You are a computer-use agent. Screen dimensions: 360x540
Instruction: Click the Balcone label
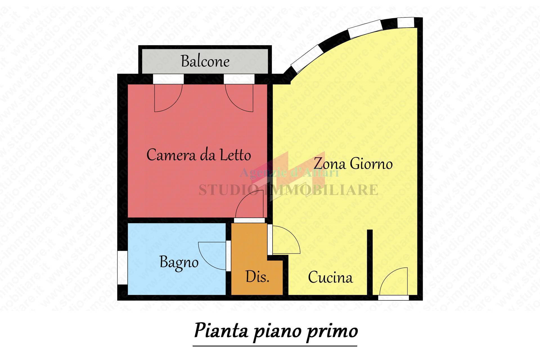pyautogui.click(x=205, y=61)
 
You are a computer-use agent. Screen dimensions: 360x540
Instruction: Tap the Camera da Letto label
pyautogui.click(x=199, y=155)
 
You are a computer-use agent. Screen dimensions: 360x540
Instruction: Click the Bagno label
pyautogui.click(x=179, y=262)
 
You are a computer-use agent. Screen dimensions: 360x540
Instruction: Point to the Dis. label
pyautogui.click(x=257, y=277)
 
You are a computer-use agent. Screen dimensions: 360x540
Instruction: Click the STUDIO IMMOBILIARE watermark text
pyautogui.click(x=288, y=190)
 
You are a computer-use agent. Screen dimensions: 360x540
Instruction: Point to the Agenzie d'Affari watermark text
pyautogui.click(x=289, y=172)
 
